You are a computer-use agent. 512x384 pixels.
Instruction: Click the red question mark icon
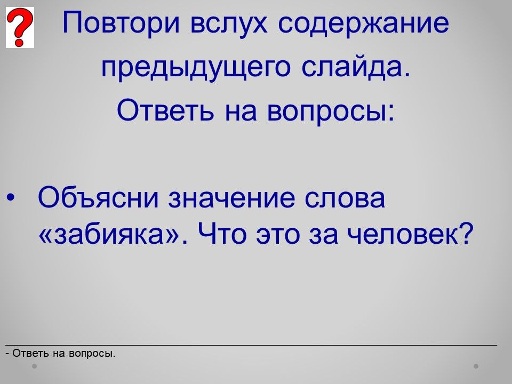click(20, 27)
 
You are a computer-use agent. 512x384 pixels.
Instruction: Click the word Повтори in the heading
click(121, 23)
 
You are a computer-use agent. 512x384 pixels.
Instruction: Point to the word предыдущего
click(196, 68)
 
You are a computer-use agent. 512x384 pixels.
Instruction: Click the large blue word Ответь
click(165, 109)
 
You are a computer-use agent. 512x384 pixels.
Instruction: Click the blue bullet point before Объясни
click(11, 197)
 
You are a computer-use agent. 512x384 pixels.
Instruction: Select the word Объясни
click(98, 197)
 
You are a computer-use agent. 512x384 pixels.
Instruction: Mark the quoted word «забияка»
click(109, 234)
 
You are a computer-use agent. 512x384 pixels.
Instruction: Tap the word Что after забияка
click(222, 234)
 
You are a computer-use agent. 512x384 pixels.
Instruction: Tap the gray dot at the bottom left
click(34, 366)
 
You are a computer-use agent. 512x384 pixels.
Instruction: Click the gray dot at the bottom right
click(476, 366)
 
